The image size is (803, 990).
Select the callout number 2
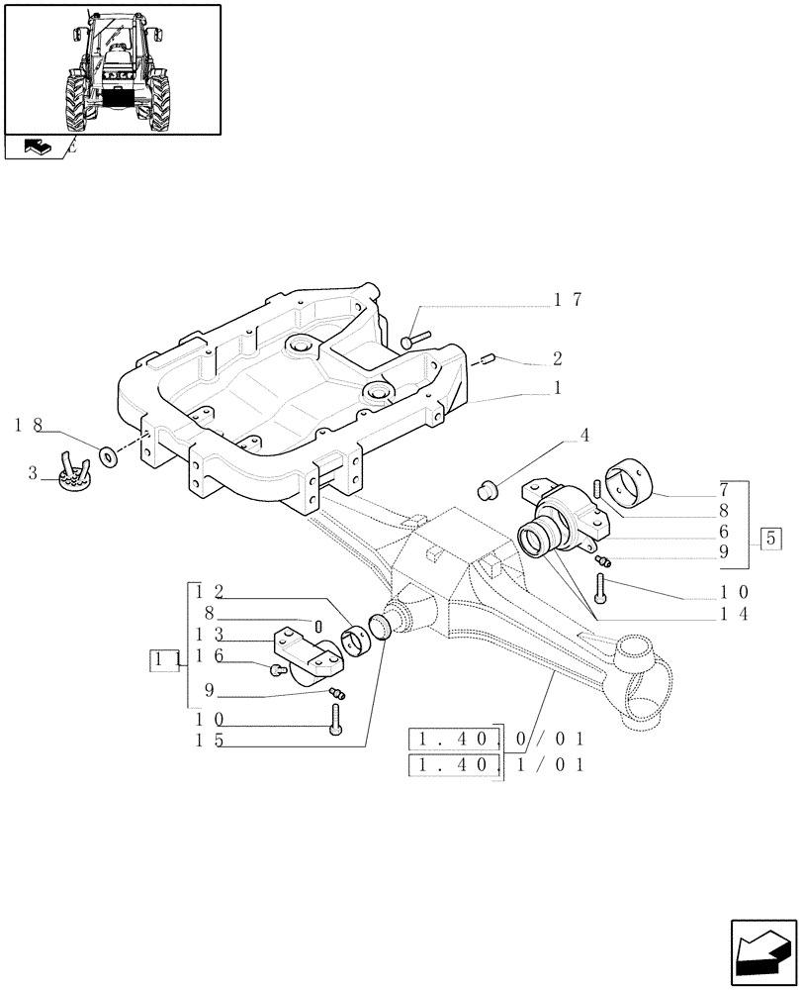click(x=559, y=357)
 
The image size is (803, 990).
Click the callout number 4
click(x=584, y=435)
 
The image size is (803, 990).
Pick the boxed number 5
click(x=771, y=540)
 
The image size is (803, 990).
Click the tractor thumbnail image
click(x=112, y=69)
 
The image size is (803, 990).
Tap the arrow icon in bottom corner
click(x=761, y=954)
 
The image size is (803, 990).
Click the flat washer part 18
click(x=107, y=456)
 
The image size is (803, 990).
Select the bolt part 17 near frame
click(x=414, y=341)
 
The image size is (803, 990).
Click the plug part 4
click(x=487, y=487)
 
